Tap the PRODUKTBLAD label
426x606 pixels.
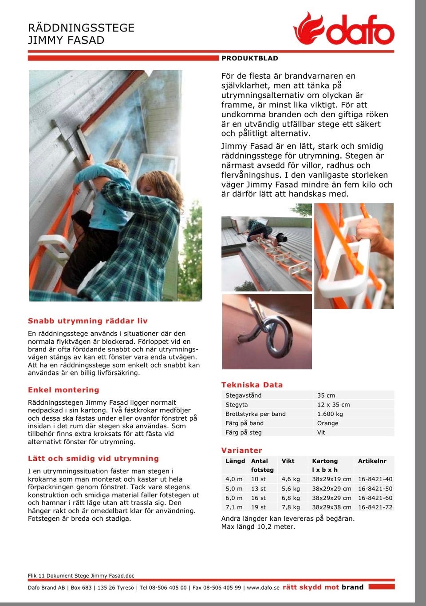click(250, 58)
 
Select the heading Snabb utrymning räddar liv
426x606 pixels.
click(88, 321)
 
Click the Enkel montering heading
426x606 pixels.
click(63, 390)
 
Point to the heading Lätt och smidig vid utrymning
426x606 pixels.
click(93, 458)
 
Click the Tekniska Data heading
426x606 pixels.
click(252, 385)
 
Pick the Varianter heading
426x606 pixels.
click(242, 450)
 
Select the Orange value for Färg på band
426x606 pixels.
click(327, 423)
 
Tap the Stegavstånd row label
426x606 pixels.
click(244, 395)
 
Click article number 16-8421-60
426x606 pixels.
click(375, 498)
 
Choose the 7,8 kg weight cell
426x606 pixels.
click(291, 507)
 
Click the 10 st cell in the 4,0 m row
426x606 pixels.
click(258, 479)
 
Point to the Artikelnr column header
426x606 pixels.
click(372, 461)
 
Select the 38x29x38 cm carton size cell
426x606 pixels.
click(331, 507)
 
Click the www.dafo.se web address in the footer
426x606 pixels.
click(263, 587)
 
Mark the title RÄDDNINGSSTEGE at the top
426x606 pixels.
click(81, 28)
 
